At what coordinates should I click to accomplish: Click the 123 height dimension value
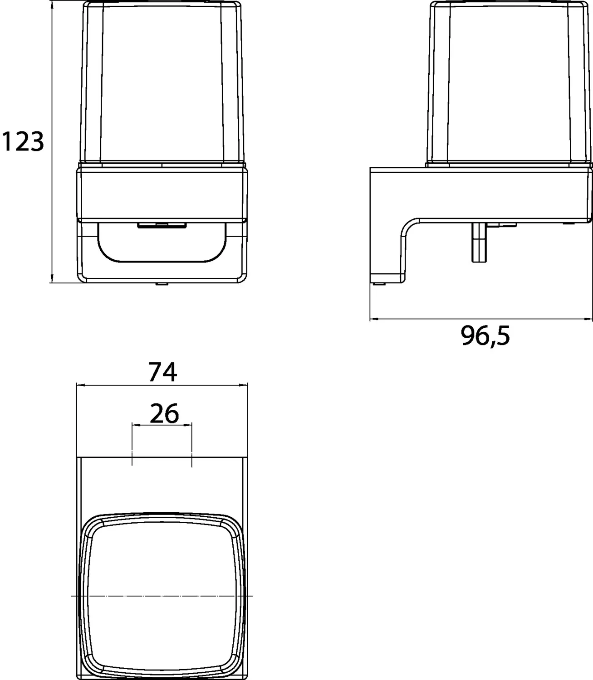click(23, 141)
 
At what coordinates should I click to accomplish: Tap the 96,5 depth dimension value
click(485, 336)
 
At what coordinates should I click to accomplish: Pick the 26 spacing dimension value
click(164, 413)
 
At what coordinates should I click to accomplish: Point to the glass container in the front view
click(162, 83)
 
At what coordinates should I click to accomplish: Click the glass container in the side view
click(510, 83)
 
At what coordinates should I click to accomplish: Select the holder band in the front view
click(162, 194)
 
